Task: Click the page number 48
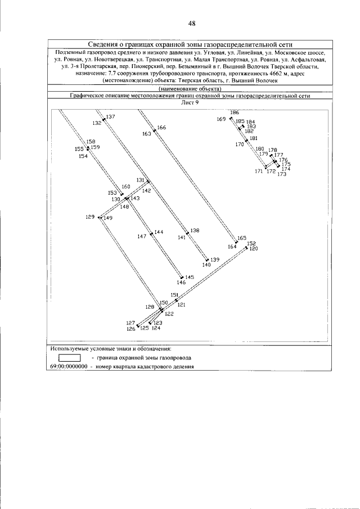click(x=192, y=24)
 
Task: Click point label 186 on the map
click(x=235, y=113)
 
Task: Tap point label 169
click(x=221, y=119)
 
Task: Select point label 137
click(x=111, y=117)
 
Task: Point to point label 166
click(x=162, y=128)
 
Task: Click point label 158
click(x=91, y=142)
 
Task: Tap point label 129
click(x=90, y=217)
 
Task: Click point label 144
click(x=159, y=232)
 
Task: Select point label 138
click(x=195, y=231)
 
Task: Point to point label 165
click(x=242, y=238)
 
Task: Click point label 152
click(x=251, y=244)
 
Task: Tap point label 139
click(x=215, y=260)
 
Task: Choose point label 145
click(x=190, y=277)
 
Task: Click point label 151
click(x=175, y=295)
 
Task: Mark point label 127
click(x=130, y=323)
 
